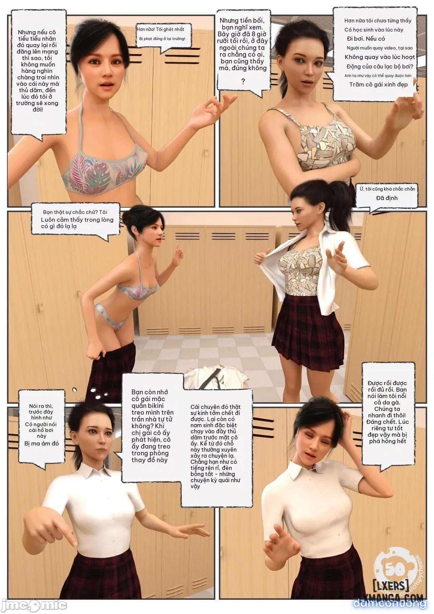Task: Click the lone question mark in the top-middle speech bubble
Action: (243, 81)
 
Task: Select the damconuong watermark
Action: (390, 604)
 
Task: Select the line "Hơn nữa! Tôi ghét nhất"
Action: (160, 29)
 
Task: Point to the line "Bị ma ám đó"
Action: (42, 443)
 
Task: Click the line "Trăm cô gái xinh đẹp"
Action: (378, 84)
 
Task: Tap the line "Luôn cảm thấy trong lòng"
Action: (77, 220)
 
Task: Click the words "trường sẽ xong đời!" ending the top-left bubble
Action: (37, 106)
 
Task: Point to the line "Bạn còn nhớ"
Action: (150, 392)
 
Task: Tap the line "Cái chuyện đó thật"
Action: (216, 407)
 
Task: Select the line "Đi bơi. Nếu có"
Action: (366, 39)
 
